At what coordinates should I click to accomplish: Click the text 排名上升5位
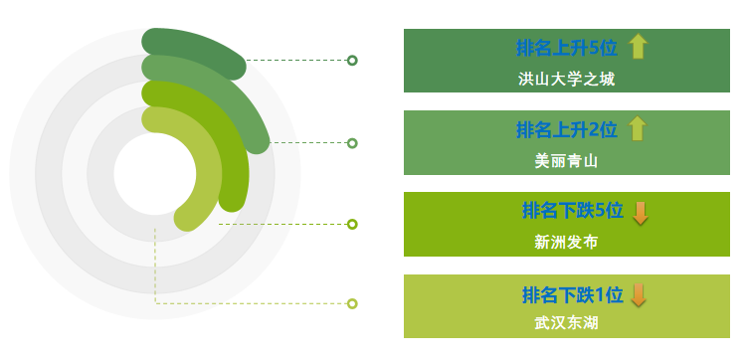567,48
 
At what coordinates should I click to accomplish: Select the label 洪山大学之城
567,79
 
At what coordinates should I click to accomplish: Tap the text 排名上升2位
567,129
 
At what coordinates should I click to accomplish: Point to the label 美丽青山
566,160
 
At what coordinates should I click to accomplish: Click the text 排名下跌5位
572,211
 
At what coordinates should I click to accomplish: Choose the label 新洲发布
566,242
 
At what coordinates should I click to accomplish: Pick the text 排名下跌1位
572,294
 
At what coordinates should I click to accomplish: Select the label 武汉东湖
566,323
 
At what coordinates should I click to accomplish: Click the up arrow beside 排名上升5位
639,47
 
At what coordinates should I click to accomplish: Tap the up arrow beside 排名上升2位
639,128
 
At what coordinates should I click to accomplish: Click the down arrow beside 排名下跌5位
641,212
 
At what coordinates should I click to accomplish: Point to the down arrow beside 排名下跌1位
639,295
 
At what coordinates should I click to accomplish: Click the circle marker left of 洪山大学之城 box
352,61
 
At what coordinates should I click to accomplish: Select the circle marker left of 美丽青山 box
352,143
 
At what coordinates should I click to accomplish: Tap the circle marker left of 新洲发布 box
352,224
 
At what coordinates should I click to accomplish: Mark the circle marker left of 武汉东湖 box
352,303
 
